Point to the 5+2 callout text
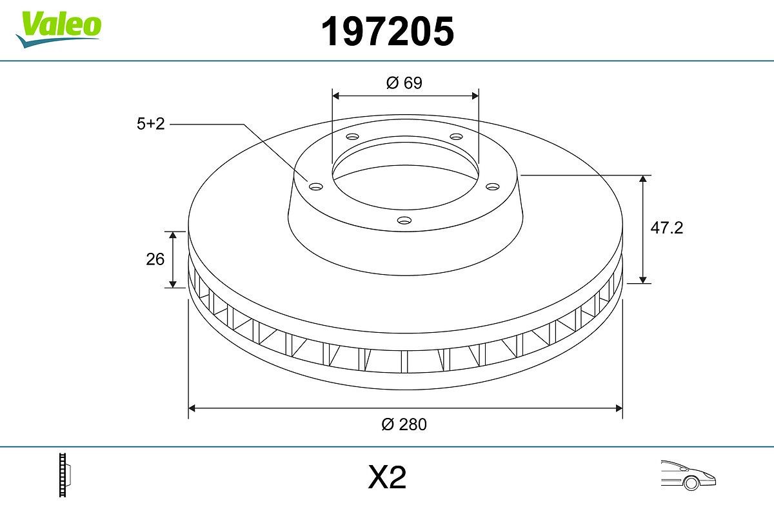point(151,124)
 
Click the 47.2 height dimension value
point(666,228)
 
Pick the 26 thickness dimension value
point(155,259)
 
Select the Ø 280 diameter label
point(404,424)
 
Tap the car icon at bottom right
point(688,475)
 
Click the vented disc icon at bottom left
point(65,475)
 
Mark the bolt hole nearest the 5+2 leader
point(315,186)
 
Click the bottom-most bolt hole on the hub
point(404,221)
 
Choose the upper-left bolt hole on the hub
point(352,137)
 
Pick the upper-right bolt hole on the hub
point(457,137)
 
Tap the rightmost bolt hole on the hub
point(493,186)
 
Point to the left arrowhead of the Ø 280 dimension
point(192,408)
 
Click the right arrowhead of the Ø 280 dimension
point(619,408)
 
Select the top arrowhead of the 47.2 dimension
point(642,179)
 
